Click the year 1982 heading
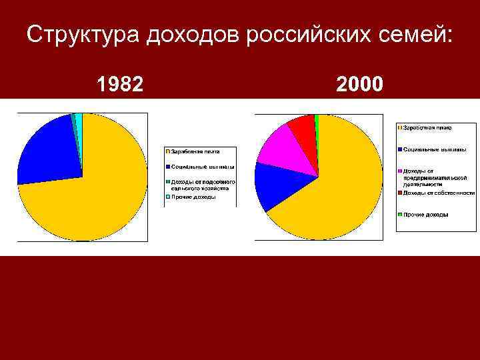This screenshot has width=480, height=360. (120, 85)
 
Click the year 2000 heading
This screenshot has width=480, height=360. (359, 85)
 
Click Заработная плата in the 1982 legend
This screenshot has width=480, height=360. (195, 151)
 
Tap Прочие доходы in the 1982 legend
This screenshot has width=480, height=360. (193, 197)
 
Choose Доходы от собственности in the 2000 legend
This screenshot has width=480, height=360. (433, 193)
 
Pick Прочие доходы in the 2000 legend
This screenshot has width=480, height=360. (425, 215)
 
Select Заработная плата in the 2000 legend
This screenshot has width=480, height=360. (427, 127)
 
